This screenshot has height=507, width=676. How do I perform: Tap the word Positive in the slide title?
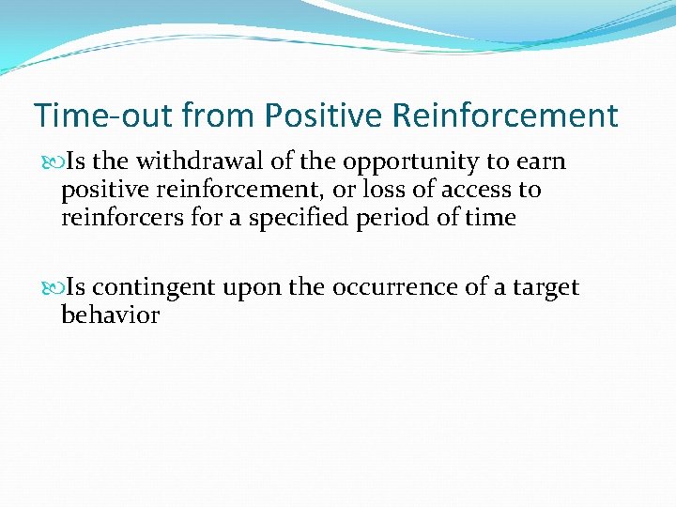click(323, 116)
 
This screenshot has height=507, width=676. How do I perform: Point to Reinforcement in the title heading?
click(504, 116)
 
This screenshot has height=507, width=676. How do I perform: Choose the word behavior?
click(110, 315)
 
